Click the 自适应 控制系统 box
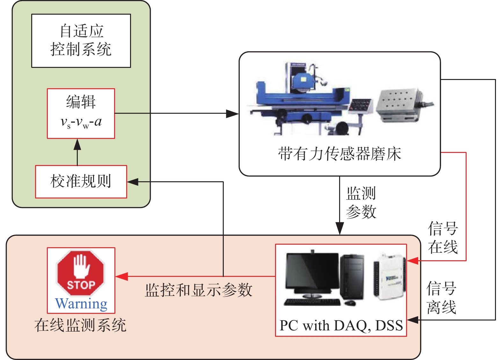81,41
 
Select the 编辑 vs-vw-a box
81,114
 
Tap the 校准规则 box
81,182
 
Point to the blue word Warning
81,304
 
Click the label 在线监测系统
80,325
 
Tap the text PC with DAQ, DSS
341,326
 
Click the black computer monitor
312,274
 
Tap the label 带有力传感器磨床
339,154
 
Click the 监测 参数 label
361,203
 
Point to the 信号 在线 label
443,238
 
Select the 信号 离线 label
441,298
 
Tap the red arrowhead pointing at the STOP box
122,277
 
